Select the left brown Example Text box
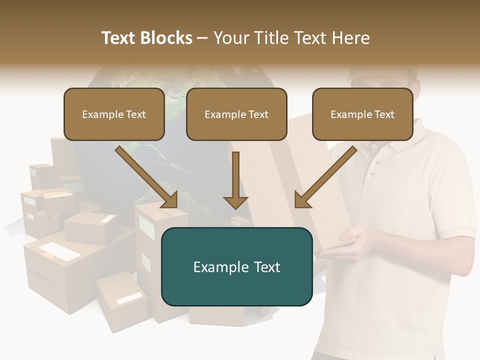point(114,114)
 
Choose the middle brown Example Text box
point(236,114)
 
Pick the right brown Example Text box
point(362,114)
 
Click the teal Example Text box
point(236,266)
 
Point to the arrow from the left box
point(147,178)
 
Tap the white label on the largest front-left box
point(59,251)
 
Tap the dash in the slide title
point(202,38)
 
